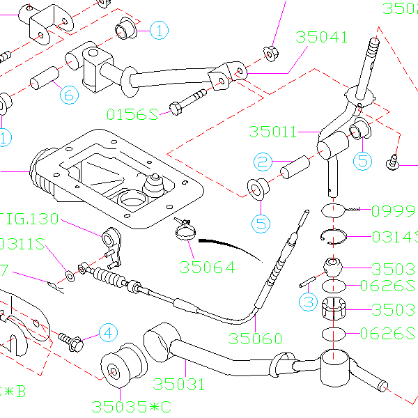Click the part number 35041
(x=321, y=37)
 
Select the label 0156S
(x=133, y=113)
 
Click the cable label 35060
(x=256, y=339)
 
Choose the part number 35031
(x=179, y=384)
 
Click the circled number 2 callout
(x=262, y=162)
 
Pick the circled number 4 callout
(x=107, y=333)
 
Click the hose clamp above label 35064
(x=185, y=229)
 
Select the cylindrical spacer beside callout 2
(x=295, y=168)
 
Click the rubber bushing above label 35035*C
(x=117, y=366)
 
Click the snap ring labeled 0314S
(x=337, y=238)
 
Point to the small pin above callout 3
(x=308, y=284)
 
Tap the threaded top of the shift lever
(x=373, y=50)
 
